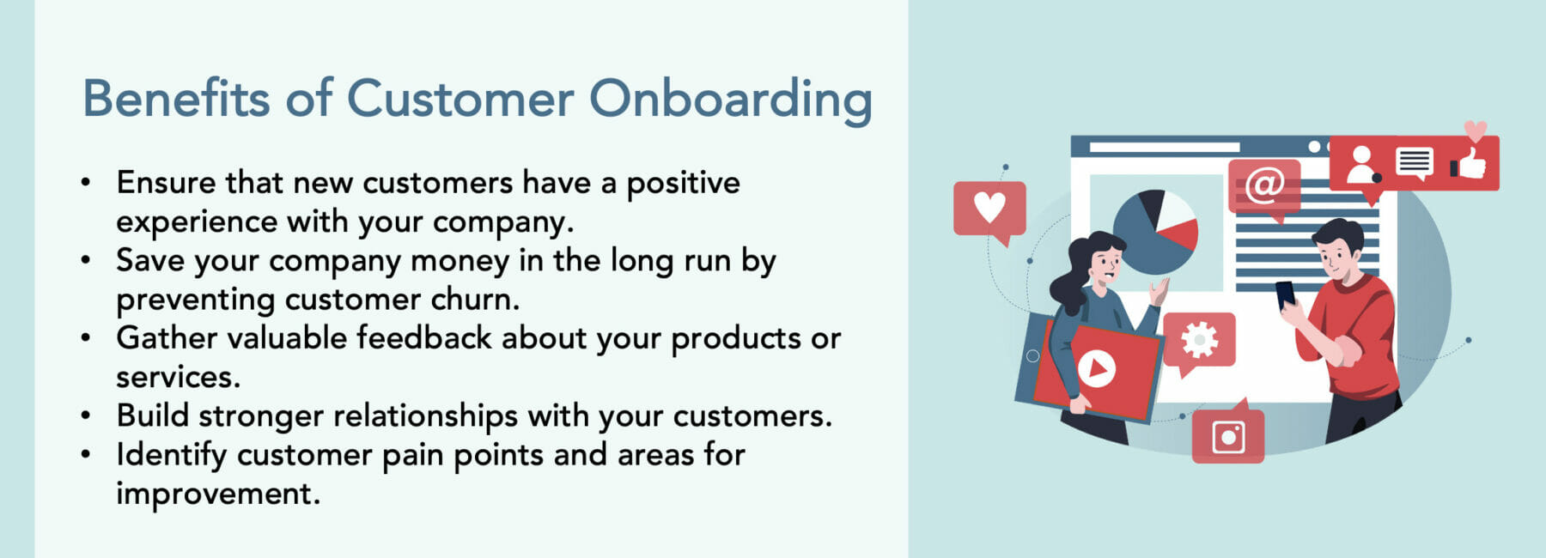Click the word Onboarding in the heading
click(x=730, y=100)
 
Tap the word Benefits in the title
click(x=176, y=98)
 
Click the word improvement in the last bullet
click(x=217, y=494)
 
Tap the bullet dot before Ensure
click(x=85, y=183)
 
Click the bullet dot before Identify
click(x=85, y=454)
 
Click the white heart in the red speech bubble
click(x=989, y=206)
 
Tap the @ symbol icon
click(x=1264, y=184)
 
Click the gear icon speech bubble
click(x=1200, y=340)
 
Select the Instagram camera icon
click(x=1228, y=437)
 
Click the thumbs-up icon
click(x=1470, y=162)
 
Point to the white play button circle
click(x=1096, y=369)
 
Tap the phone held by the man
click(x=1285, y=294)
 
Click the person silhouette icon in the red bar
click(x=1360, y=164)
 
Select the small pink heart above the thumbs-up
click(x=1475, y=130)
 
